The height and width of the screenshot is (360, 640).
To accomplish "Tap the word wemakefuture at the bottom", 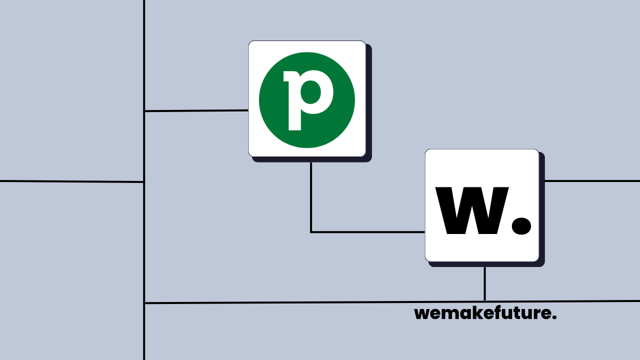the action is tap(485, 313).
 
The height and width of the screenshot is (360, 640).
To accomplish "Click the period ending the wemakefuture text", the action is tap(554, 318).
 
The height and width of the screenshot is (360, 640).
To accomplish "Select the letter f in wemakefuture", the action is tap(501, 313).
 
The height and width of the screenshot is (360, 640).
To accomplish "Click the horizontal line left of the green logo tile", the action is tap(196, 110).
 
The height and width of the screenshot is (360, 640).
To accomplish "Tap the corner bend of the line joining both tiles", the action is tap(311, 232).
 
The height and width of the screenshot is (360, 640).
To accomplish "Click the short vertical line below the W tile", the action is tap(484, 283).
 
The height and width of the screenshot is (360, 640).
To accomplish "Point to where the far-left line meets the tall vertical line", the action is tap(144, 182).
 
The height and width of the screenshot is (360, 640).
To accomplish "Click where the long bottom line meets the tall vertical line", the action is tap(144, 303).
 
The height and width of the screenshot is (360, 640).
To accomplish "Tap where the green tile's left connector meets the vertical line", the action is tap(144, 111).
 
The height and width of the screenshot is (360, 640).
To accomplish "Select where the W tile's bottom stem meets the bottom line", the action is tap(484, 301).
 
